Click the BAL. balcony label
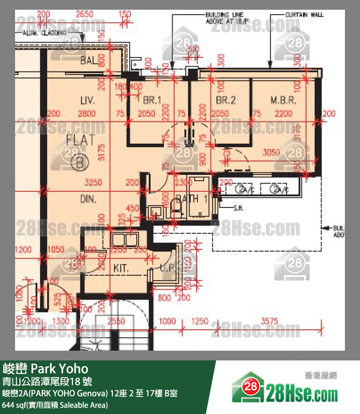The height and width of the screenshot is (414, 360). [x=90, y=61]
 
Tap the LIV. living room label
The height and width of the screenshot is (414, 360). [x=88, y=101]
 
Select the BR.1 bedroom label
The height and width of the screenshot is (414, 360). [x=152, y=101]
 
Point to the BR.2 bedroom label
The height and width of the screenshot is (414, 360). [x=226, y=101]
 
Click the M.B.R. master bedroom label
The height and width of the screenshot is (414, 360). [x=284, y=101]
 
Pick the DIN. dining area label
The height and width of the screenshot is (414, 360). [x=89, y=199]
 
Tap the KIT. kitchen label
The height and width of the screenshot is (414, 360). [x=122, y=268]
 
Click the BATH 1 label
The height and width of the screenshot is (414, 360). [x=192, y=198]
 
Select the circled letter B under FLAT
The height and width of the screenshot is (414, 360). [x=80, y=163]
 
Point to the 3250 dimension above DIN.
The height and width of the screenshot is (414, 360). [x=93, y=183]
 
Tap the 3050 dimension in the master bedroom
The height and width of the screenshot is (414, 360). [x=271, y=152]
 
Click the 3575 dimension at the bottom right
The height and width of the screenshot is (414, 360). [x=270, y=321]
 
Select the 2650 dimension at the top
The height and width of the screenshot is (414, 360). [x=85, y=14]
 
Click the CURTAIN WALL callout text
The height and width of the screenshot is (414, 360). [x=305, y=15]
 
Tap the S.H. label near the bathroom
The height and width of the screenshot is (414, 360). [x=238, y=208]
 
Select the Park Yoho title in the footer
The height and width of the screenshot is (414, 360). [x=46, y=368]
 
